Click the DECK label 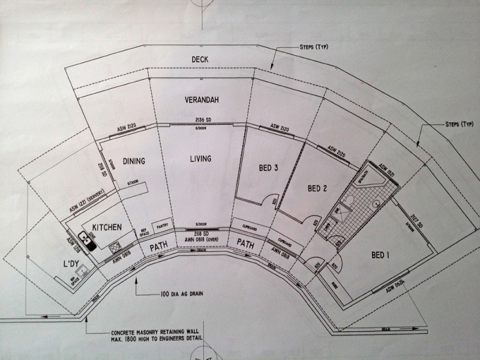pyautogui.click(x=200, y=59)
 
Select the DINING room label pyautogui.click(x=135, y=161)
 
